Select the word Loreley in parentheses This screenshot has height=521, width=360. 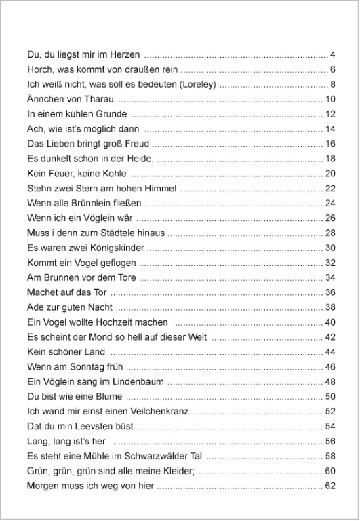[195, 84]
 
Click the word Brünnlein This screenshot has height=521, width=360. [95, 204]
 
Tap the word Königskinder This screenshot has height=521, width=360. [110, 248]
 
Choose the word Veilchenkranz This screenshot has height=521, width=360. [160, 412]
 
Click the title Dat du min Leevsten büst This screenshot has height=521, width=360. [80, 427]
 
